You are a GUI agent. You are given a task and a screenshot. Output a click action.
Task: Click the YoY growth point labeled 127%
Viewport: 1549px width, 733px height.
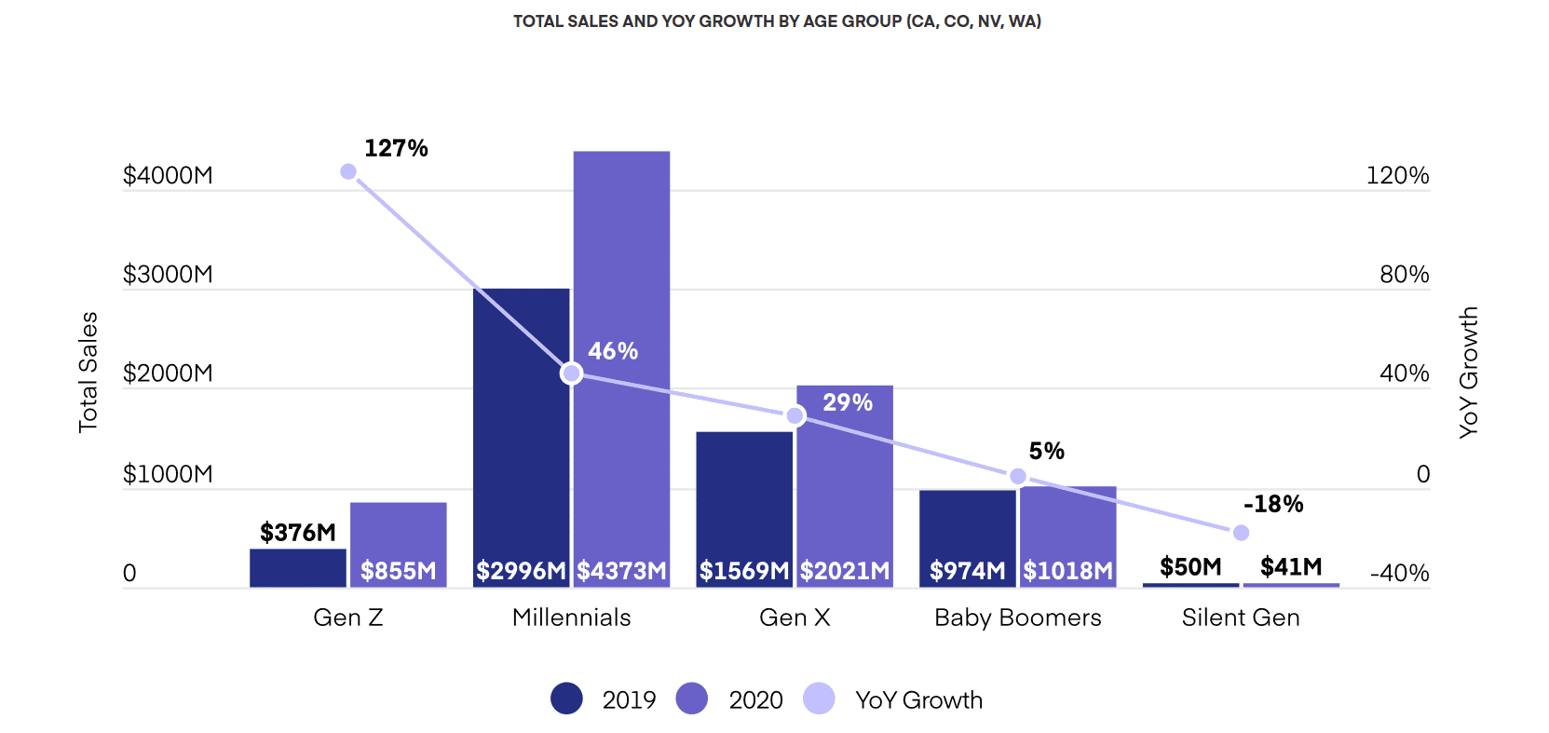coord(348,171)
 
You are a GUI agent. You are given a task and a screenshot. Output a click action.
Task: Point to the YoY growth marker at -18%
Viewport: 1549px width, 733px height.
coord(1241,533)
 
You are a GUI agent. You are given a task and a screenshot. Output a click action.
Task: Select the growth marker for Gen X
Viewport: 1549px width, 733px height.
coord(795,415)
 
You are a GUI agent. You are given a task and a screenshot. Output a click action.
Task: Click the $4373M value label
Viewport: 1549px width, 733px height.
coord(621,571)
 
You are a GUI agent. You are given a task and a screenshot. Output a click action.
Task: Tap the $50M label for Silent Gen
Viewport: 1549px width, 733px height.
coord(1190,566)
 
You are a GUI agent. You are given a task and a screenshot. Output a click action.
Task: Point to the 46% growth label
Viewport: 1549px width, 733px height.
coord(613,351)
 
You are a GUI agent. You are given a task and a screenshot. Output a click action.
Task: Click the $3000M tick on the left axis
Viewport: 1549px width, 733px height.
coord(168,275)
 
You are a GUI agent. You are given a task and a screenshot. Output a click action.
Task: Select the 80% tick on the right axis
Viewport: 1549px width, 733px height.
coord(1404,275)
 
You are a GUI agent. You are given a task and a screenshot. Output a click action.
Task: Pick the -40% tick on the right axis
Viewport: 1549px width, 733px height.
coord(1399,573)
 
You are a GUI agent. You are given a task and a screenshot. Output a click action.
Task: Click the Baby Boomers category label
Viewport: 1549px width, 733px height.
coord(1017,618)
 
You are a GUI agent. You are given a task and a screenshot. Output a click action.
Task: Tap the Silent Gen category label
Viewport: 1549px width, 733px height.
coord(1241,618)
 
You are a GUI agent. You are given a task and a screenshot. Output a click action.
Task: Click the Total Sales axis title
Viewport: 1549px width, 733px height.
coord(88,373)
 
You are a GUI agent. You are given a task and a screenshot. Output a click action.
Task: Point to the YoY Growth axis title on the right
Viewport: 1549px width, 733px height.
coord(1469,373)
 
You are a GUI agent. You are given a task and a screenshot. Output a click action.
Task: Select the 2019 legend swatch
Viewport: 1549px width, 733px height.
coord(566,699)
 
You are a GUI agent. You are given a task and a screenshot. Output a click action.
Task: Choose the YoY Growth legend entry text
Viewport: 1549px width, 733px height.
coord(918,700)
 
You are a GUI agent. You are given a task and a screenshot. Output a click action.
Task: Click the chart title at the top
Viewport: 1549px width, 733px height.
coord(777,21)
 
